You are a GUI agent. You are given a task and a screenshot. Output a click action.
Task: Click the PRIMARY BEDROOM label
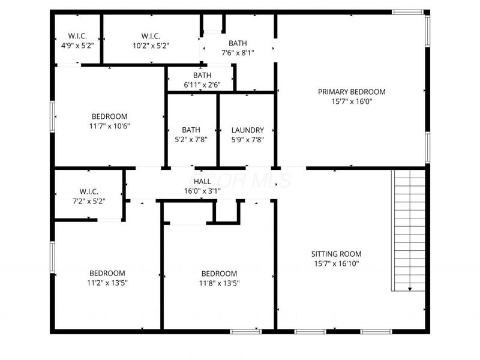point(352,92)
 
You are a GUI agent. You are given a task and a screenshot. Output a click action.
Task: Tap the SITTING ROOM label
point(336,254)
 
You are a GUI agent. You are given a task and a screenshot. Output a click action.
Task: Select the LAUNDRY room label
point(247,130)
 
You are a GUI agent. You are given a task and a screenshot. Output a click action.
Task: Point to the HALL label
point(202,181)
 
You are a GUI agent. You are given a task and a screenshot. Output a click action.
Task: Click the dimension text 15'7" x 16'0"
point(352,101)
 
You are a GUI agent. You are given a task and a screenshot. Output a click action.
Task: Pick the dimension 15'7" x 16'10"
point(336,263)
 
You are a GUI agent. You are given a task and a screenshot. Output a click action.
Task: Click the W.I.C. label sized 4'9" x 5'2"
point(77,36)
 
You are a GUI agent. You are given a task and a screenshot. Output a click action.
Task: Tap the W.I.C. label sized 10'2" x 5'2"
point(151,36)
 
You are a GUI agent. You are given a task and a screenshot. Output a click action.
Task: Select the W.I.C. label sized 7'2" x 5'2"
point(88,192)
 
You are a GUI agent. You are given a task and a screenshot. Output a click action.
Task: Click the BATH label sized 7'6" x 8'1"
point(237,43)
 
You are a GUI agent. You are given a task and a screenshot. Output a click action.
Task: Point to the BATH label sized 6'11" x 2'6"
point(202,76)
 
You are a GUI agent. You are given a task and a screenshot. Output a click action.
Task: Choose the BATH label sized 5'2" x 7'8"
point(191,130)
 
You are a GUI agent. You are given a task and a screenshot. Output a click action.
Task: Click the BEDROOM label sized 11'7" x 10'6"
point(109,116)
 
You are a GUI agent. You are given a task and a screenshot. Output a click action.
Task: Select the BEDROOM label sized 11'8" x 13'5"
point(219,274)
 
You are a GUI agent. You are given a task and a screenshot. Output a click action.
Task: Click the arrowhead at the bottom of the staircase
point(410,289)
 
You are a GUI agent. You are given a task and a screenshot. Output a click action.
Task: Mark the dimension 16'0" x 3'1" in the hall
point(202,191)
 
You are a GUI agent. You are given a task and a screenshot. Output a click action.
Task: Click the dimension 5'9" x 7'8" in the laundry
point(247,140)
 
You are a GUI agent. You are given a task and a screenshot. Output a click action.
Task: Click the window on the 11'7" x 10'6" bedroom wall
point(53,116)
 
